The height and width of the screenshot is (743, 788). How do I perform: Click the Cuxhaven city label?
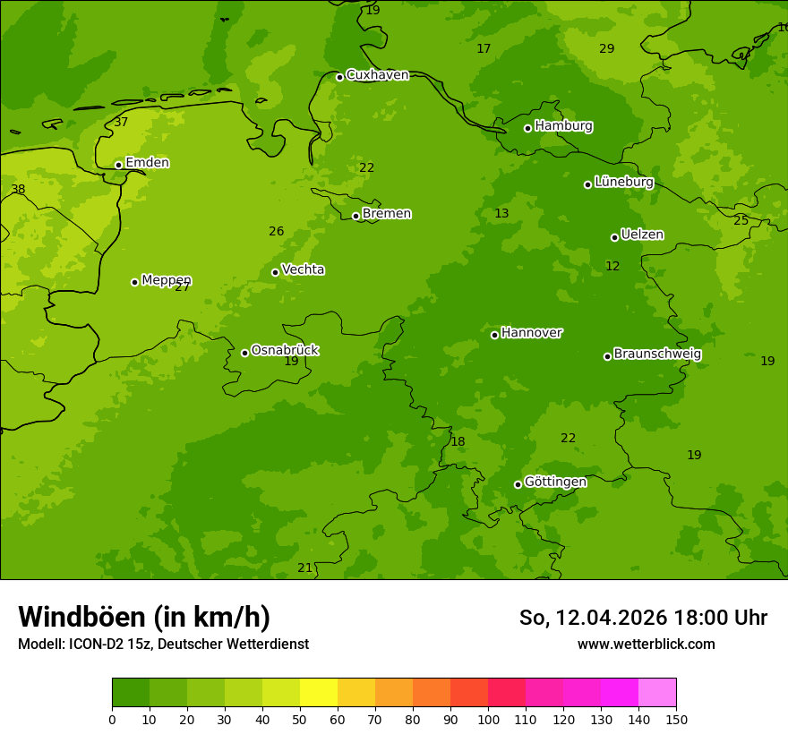click(x=377, y=75)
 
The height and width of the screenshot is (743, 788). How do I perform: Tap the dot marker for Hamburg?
click(x=528, y=128)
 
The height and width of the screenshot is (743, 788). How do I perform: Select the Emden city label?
click(x=147, y=163)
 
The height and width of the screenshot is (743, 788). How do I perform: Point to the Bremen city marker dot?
click(x=355, y=216)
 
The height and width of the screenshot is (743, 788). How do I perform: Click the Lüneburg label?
click(x=624, y=182)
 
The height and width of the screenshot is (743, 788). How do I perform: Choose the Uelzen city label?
click(x=642, y=235)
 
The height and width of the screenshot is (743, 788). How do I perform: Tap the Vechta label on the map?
click(x=303, y=269)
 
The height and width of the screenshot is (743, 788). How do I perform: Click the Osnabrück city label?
click(x=285, y=350)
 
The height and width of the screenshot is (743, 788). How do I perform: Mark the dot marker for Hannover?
click(x=494, y=335)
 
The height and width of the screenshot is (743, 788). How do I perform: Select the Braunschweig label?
click(x=657, y=354)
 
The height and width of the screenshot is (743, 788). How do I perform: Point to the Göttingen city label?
click(x=555, y=482)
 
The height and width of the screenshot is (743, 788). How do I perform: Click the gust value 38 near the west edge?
click(x=18, y=190)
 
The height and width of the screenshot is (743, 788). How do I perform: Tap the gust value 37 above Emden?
click(x=121, y=122)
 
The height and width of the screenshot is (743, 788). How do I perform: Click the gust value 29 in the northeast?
click(x=607, y=48)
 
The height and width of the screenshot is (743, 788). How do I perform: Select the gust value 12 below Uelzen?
click(x=612, y=266)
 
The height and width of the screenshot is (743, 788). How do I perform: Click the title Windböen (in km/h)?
click(x=144, y=617)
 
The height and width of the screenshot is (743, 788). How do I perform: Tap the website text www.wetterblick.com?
click(x=646, y=644)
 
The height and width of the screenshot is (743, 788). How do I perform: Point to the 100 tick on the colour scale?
click(x=488, y=719)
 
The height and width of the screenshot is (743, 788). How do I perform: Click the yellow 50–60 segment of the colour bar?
click(x=319, y=693)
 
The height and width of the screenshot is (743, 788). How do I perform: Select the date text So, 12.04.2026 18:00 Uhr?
click(x=643, y=618)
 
